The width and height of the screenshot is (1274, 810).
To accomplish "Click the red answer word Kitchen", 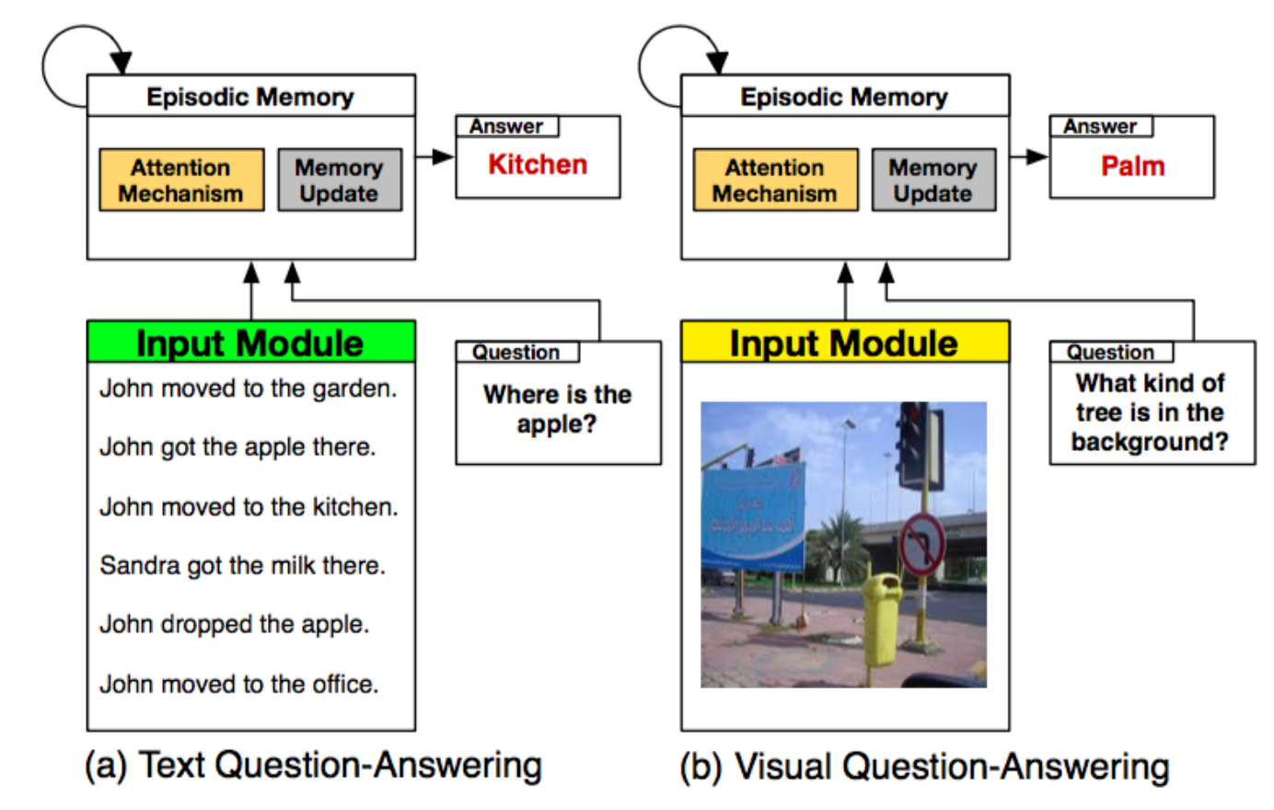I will pyautogui.click(x=538, y=165).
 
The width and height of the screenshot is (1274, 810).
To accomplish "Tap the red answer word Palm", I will pyautogui.click(x=1132, y=167).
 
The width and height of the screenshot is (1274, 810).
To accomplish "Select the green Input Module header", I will pyautogui.click(x=250, y=342).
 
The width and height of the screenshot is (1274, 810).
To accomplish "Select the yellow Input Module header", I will pyautogui.click(x=844, y=342).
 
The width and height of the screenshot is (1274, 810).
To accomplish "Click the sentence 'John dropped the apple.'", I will pyautogui.click(x=235, y=624).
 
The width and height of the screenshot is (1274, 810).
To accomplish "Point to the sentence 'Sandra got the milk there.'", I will pyautogui.click(x=243, y=565).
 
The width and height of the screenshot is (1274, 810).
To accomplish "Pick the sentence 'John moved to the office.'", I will pyautogui.click(x=239, y=684).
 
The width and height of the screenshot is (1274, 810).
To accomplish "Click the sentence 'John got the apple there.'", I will pyautogui.click(x=237, y=447).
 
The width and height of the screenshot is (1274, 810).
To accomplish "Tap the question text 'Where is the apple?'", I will pyautogui.click(x=557, y=409).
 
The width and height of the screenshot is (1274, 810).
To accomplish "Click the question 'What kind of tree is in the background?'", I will pyautogui.click(x=1151, y=412).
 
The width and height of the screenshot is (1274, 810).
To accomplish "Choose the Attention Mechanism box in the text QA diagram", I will pyautogui.click(x=181, y=180).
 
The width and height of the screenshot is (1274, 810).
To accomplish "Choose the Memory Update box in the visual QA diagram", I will pyautogui.click(x=932, y=180).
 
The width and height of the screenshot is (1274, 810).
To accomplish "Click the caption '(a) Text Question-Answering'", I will pyautogui.click(x=313, y=766).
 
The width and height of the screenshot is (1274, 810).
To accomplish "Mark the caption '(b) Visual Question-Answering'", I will pyautogui.click(x=924, y=766).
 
